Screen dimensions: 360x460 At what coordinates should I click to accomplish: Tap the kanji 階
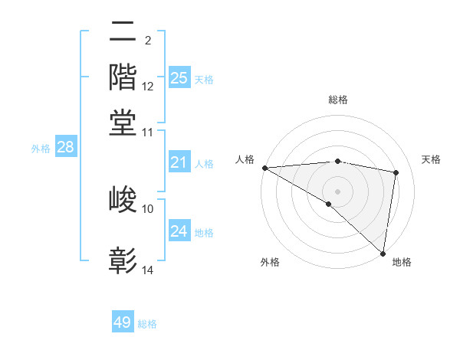point(123,77)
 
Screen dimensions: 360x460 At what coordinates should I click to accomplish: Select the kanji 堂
point(123,123)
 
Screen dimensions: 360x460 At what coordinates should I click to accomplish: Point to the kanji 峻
point(123,200)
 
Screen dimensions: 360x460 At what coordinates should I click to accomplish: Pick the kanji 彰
point(123,260)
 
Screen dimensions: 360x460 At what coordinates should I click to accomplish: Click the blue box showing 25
point(179,78)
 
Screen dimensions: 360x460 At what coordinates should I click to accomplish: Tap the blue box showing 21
point(179,162)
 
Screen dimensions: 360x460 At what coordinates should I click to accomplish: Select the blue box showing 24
point(179,231)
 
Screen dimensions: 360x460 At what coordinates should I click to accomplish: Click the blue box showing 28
point(66,148)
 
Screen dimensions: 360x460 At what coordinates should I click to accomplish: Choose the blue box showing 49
point(123,322)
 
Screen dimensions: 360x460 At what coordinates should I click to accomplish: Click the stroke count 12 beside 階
point(148,87)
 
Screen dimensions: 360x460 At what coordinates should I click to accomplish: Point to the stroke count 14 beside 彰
point(148,270)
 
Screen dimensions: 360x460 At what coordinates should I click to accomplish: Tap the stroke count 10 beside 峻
point(148,208)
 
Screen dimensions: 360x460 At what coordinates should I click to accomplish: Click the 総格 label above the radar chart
point(337,100)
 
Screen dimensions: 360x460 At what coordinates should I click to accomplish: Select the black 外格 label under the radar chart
point(269,262)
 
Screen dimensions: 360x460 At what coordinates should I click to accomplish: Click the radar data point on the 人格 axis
point(264,168)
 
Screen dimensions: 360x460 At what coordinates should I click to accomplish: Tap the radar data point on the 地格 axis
point(383,253)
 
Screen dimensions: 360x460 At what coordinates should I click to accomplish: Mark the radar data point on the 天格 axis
point(396,173)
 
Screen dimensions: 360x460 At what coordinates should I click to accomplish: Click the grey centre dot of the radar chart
point(337,191)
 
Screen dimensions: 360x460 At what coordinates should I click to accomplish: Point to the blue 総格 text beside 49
point(147,324)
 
